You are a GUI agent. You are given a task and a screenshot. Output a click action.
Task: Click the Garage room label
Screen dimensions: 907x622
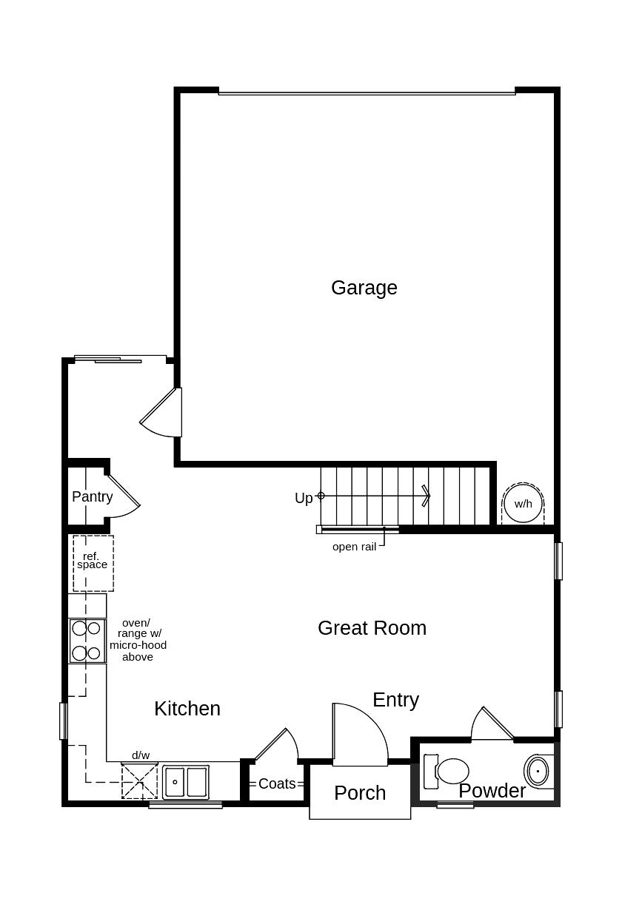364,288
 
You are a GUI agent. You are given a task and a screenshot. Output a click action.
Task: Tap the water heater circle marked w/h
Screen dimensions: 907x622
523,504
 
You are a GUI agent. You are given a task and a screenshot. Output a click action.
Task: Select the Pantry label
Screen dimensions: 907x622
93,496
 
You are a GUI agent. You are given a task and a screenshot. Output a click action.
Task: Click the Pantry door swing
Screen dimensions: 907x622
122,494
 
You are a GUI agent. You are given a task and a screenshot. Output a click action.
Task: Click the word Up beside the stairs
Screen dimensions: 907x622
304,498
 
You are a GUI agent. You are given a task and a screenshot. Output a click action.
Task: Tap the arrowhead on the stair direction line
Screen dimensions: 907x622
426,496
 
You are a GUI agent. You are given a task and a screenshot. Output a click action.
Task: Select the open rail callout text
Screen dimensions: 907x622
354,547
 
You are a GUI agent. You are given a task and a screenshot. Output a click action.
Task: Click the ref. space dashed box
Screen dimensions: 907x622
93,563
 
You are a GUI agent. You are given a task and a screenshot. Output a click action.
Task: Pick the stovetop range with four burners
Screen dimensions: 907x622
87,641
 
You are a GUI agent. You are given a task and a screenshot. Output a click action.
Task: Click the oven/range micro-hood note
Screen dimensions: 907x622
138,640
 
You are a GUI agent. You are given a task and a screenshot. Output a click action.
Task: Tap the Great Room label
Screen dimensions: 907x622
372,627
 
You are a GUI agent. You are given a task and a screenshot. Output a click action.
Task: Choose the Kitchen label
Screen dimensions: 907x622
187,708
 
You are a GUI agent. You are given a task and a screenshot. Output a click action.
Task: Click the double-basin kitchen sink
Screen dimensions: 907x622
186,781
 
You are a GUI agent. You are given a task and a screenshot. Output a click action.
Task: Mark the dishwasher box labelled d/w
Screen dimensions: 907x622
140,780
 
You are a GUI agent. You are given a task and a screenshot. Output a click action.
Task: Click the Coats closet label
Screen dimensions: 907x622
277,783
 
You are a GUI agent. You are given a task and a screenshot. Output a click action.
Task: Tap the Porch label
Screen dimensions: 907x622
360,792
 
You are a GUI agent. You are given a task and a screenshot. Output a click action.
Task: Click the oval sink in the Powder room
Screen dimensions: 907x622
538,771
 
